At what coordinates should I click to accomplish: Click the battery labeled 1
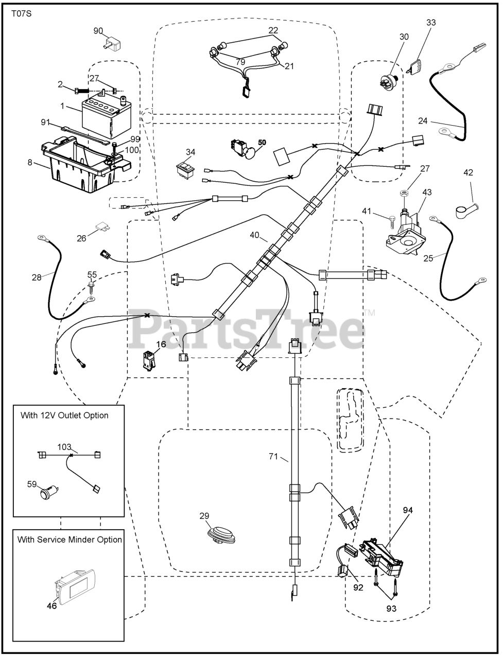[107, 117]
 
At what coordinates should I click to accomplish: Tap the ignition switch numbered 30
[389, 81]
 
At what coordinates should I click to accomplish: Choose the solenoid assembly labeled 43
[406, 235]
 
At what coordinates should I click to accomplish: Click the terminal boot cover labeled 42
[467, 211]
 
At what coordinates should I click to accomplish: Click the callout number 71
[273, 457]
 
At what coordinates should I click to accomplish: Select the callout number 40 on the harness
[254, 235]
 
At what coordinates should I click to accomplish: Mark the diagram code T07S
[22, 14]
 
